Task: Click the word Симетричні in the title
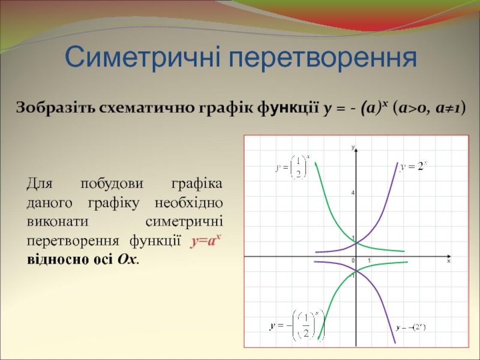click(142, 57)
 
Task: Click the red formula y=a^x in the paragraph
click(206, 241)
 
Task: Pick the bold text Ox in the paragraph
click(127, 260)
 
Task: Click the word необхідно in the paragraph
click(188, 203)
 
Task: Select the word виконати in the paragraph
click(58, 221)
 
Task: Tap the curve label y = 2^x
click(413, 166)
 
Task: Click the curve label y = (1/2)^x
click(292, 167)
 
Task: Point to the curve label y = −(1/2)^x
click(296, 325)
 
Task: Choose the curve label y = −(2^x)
click(410, 328)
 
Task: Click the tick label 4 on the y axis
click(353, 193)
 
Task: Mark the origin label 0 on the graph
click(353, 261)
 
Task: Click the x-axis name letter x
click(449, 261)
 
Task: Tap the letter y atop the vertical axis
click(353, 147)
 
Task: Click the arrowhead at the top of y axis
click(356, 149)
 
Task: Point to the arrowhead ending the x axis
click(449, 256)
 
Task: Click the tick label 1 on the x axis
click(369, 261)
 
